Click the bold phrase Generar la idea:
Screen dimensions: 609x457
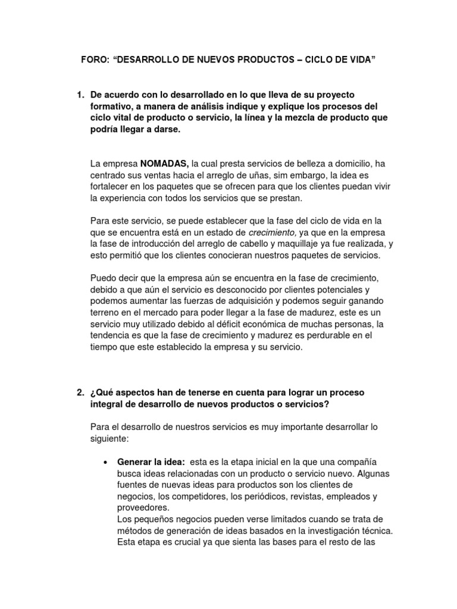click(x=151, y=462)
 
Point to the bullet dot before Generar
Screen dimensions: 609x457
click(x=105, y=463)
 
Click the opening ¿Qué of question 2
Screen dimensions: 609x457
click(x=101, y=393)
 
